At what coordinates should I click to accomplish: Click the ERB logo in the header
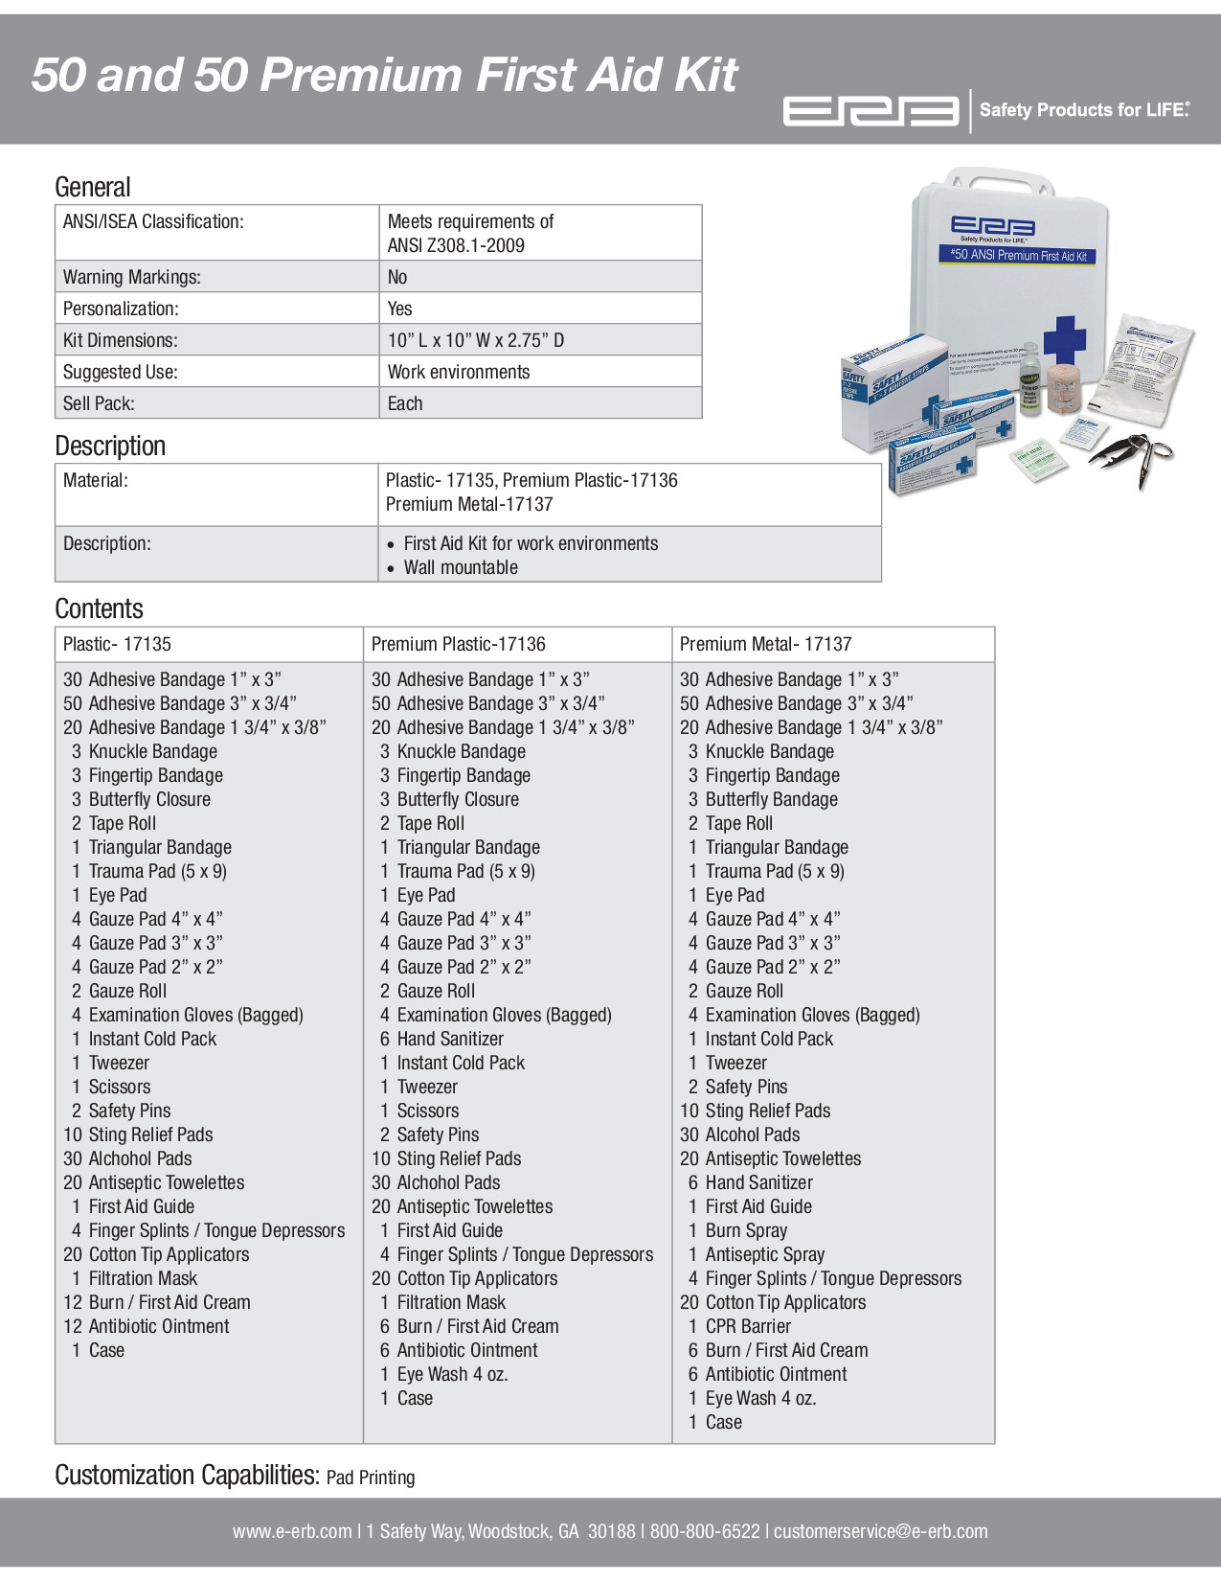[x=871, y=111]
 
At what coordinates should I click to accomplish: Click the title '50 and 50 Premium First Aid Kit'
[x=384, y=75]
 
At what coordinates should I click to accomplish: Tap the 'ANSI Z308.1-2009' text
[x=456, y=245]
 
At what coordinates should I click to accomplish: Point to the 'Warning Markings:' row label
[x=132, y=277]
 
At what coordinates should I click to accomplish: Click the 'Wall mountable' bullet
[x=461, y=567]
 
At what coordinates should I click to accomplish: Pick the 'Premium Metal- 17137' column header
[x=765, y=644]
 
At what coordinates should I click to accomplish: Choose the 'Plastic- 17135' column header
[x=117, y=644]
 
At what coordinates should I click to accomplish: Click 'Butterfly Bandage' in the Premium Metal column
[x=771, y=799]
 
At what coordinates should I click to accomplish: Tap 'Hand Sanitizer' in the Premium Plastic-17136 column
[x=450, y=1039]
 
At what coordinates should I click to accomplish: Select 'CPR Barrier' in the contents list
[x=748, y=1326]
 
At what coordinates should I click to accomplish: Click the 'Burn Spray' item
[x=746, y=1230]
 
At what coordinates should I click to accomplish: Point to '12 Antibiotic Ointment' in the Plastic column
[x=147, y=1326]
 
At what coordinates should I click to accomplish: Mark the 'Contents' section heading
[x=99, y=608]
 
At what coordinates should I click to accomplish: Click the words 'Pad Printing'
[x=371, y=1478]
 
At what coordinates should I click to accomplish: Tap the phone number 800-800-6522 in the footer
[x=705, y=1531]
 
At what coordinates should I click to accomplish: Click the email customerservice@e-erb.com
[x=880, y=1531]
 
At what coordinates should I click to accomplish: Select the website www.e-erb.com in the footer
[x=292, y=1531]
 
